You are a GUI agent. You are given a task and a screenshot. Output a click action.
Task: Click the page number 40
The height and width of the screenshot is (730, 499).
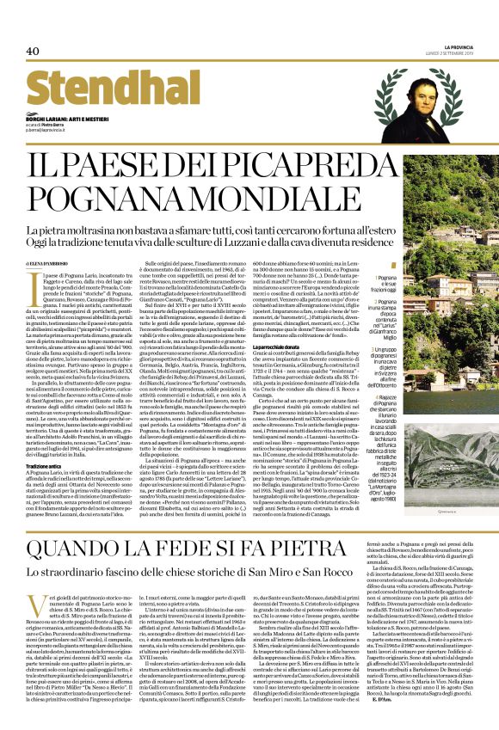pos(34,51)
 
